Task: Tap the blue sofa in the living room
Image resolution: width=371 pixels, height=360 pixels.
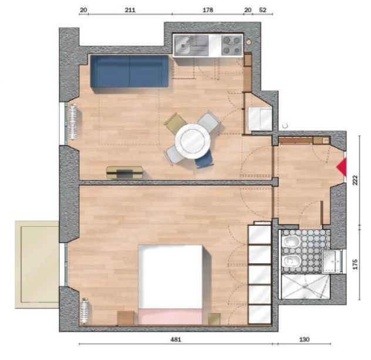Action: tap(129, 72)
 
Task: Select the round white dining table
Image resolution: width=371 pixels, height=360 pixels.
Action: tap(193, 141)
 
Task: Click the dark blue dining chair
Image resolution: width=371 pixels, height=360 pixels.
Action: tap(204, 160)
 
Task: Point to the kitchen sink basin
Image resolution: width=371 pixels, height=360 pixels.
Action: tap(182, 45)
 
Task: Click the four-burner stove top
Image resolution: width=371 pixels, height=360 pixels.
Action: tap(232, 45)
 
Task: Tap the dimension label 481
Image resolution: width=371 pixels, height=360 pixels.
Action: tap(176, 339)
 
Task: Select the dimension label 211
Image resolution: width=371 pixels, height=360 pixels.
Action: tap(130, 10)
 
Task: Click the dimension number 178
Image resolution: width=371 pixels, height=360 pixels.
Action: tap(208, 10)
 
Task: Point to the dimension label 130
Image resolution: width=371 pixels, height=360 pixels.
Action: tap(304, 339)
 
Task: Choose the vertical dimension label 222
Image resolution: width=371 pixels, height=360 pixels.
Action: tap(355, 180)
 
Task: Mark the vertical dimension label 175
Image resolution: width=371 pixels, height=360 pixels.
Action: tap(355, 264)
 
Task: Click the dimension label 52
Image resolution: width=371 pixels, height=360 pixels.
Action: tap(262, 10)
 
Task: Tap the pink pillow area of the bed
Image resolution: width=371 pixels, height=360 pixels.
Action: tap(170, 316)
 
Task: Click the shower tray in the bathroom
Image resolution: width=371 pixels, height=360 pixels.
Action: tap(305, 286)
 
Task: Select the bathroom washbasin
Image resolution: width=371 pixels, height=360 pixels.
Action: tap(332, 261)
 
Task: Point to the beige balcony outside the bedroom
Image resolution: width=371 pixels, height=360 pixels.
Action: tap(37, 264)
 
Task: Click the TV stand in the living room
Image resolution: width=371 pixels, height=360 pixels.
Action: tap(124, 172)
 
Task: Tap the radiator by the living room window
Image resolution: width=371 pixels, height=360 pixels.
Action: tap(73, 122)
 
